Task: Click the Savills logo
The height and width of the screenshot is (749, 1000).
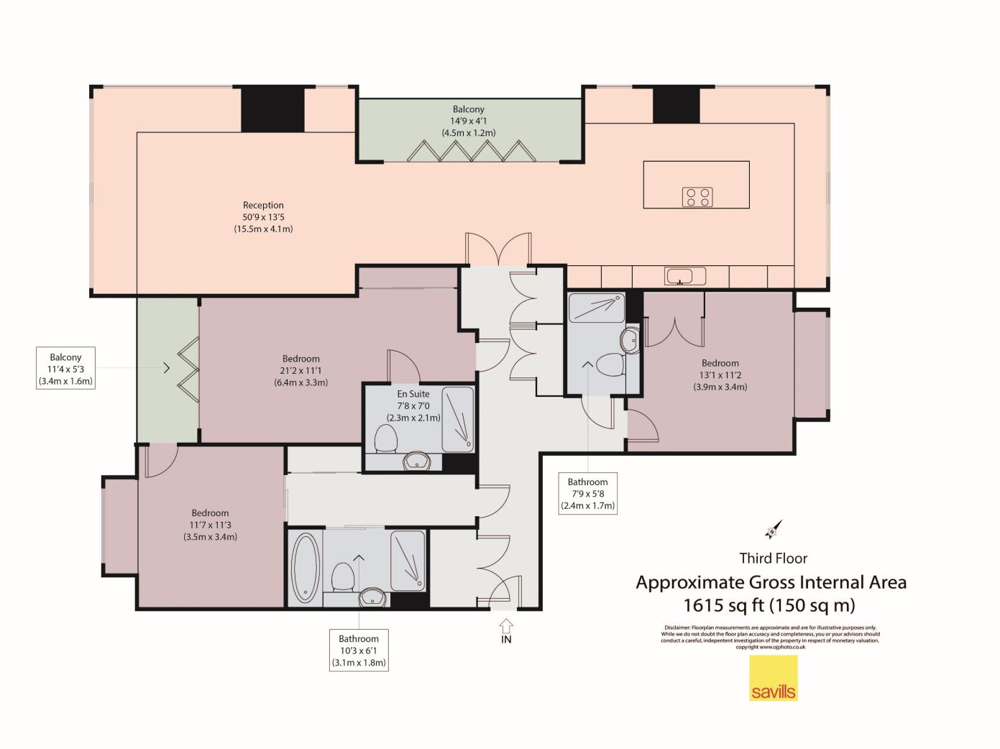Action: pos(773,678)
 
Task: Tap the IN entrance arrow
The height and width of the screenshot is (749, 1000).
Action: pos(506,626)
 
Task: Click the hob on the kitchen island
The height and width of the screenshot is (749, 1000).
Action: pos(697,197)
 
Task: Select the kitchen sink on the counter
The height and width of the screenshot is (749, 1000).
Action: pos(684,276)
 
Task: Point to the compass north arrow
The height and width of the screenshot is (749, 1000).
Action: pos(774,530)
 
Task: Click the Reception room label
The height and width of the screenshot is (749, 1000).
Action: pos(263,217)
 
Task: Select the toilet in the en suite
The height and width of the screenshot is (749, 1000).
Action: pos(386,438)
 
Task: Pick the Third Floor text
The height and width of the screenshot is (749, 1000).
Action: pos(773,559)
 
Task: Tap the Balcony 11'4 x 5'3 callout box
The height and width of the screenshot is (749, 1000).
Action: pos(65,368)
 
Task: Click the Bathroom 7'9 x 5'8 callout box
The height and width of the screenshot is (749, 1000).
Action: pos(587,494)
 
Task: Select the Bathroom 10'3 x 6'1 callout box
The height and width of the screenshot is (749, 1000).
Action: pos(359,651)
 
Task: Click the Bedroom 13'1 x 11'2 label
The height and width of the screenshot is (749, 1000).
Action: pos(720,375)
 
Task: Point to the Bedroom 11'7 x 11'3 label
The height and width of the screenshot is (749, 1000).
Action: pos(210,525)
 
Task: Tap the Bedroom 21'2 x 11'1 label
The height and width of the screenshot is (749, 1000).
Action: pos(301,371)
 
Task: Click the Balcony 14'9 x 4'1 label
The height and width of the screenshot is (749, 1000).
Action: pos(468,121)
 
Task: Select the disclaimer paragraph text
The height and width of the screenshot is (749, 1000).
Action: pos(771,637)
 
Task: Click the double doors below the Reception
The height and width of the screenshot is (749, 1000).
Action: pos(498,249)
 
